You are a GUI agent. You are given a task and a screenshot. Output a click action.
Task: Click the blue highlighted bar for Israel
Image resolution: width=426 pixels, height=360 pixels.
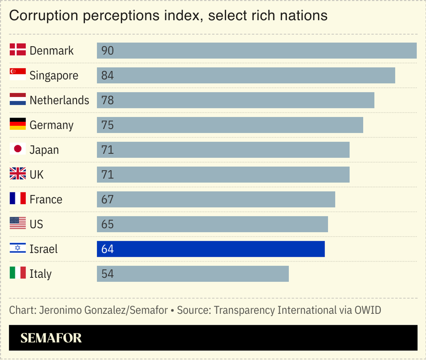coord(211,249)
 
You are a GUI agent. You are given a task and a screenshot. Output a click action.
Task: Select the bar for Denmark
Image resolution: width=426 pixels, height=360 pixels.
coord(257,51)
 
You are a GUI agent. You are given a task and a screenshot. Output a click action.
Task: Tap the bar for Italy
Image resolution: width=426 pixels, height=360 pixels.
coord(193,274)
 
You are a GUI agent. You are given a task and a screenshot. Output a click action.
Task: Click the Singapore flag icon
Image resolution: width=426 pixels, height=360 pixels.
coord(17,75)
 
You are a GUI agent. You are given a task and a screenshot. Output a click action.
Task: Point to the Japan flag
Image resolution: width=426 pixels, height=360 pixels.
coord(17,149)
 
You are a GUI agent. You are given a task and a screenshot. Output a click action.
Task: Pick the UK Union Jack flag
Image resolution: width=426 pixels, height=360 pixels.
coord(17,174)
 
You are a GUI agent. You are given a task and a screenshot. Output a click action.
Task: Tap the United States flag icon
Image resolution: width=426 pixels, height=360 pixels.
coord(17,224)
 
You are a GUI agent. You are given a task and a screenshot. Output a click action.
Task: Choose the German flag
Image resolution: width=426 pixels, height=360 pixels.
coord(17,125)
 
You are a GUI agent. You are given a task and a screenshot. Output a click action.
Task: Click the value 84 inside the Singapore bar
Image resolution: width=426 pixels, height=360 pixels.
coord(107,75)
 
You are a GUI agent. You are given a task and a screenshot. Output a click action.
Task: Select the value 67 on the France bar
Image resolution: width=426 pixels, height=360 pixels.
coord(107,199)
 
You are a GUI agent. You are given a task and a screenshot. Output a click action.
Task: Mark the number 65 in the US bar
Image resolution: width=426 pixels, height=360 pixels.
coord(107,224)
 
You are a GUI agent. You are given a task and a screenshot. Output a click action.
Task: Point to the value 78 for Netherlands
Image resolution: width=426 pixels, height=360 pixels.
coord(107,100)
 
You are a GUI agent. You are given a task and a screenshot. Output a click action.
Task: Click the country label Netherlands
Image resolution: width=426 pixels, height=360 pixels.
coord(59,100)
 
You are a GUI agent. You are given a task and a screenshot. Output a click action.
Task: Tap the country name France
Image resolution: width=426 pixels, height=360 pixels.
coord(46,199)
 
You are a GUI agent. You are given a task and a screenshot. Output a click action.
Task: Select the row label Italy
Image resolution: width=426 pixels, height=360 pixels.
coord(40,274)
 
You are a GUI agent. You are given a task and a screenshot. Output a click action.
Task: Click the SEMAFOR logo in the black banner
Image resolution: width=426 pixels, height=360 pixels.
coord(51,338)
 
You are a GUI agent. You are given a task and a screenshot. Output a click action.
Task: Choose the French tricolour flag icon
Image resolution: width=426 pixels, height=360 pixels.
coord(17,199)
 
